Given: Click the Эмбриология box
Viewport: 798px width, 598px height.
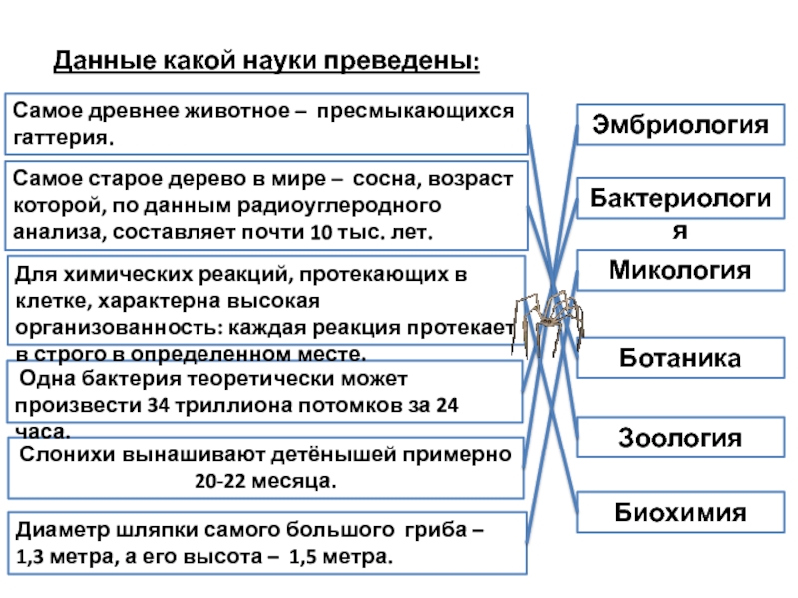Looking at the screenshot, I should pos(680,125).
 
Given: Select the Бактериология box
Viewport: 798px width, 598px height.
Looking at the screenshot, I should pos(680,207).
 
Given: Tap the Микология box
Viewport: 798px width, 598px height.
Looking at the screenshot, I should pos(680,270).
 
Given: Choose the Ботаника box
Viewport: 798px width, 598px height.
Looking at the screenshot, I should pos(680,357).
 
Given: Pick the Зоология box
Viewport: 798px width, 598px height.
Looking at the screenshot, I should pos(680,437).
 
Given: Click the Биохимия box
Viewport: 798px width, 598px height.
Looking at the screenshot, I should pos(680,513).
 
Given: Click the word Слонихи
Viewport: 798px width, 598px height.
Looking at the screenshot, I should pos(64,455).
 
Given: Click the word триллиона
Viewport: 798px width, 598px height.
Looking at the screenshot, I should pos(223,407).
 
